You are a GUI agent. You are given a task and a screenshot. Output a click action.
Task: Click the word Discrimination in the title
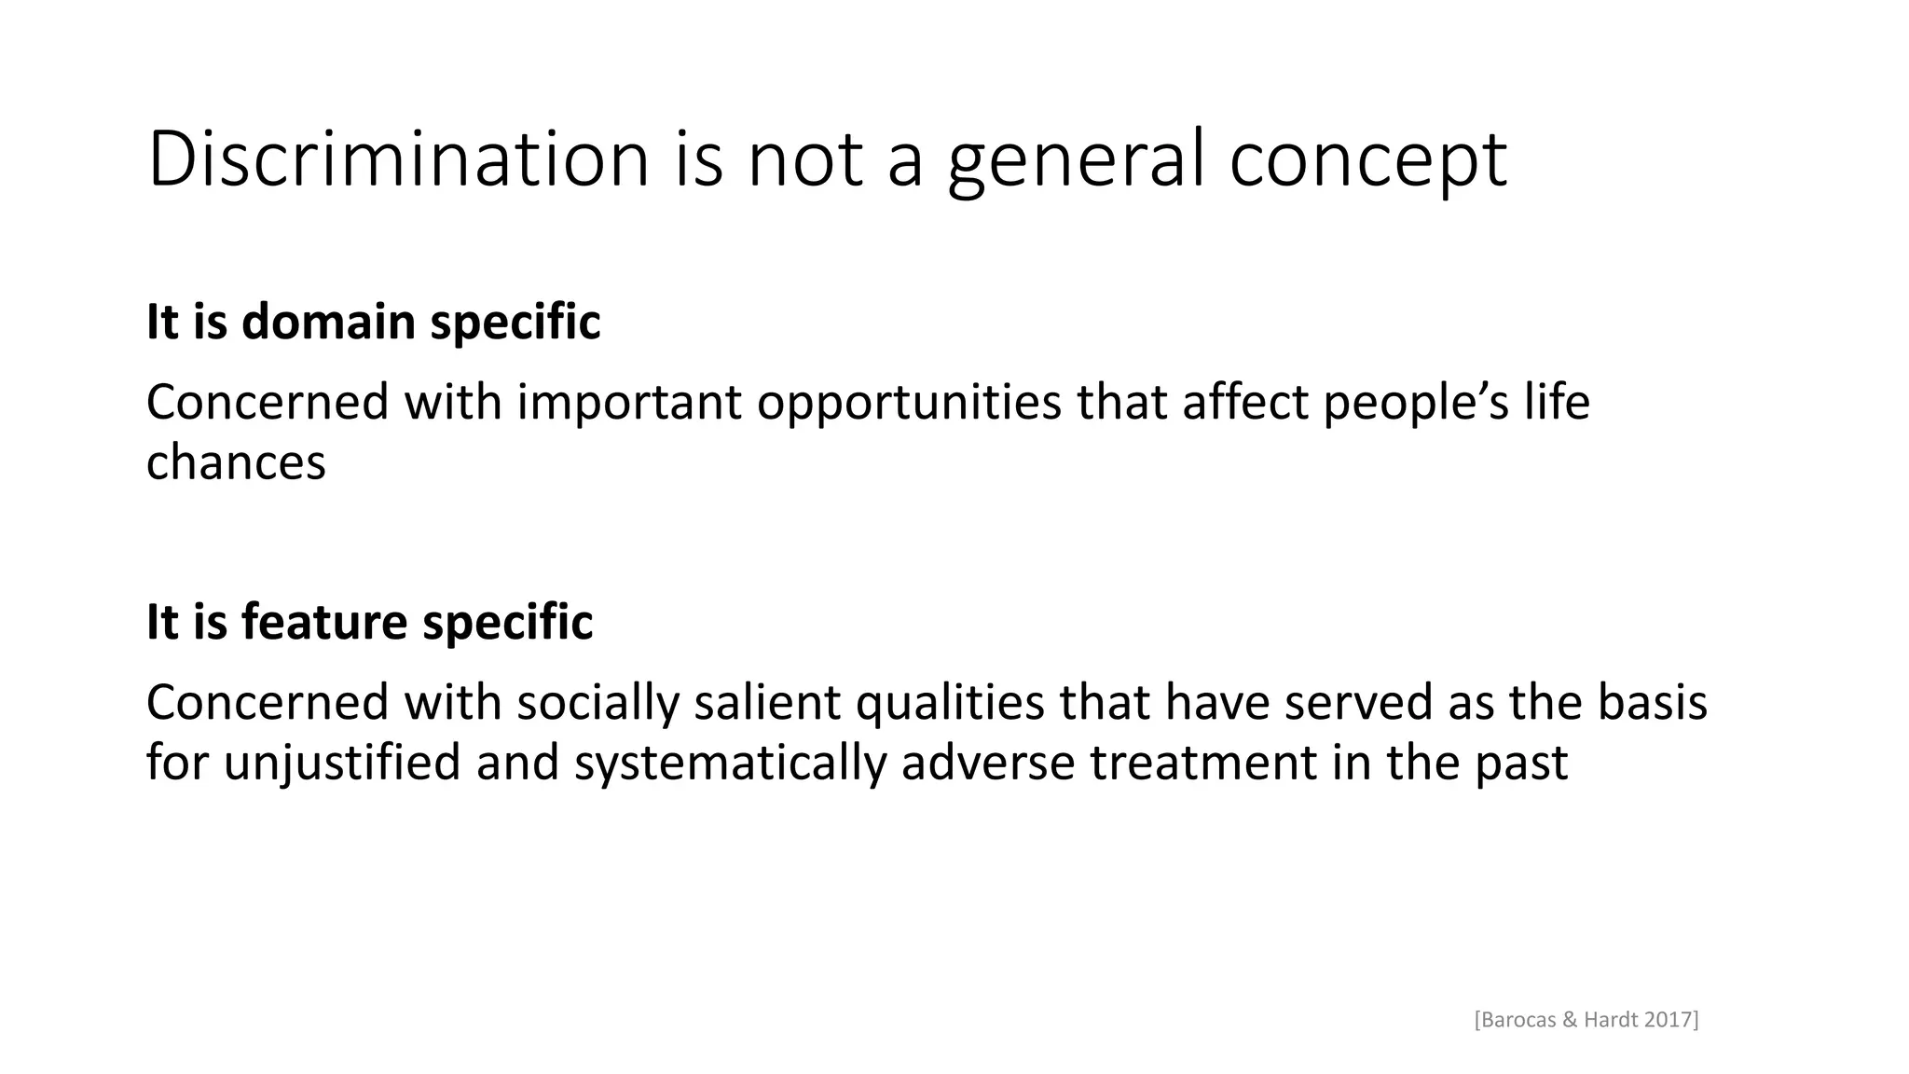[398, 159]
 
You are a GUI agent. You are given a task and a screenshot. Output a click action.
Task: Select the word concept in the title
[1367, 159]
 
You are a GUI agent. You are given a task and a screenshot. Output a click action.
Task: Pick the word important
[629, 402]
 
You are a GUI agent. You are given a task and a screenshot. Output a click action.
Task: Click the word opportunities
[909, 402]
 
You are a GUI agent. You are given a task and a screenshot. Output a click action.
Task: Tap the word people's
[1416, 402]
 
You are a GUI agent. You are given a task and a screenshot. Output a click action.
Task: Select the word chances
[236, 461]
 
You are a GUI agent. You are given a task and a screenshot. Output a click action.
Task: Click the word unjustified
[342, 762]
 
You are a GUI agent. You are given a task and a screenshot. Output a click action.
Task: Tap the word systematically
[730, 762]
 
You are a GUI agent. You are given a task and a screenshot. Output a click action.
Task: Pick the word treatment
[1202, 762]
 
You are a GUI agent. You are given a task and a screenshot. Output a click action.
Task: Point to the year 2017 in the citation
[1670, 1020]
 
